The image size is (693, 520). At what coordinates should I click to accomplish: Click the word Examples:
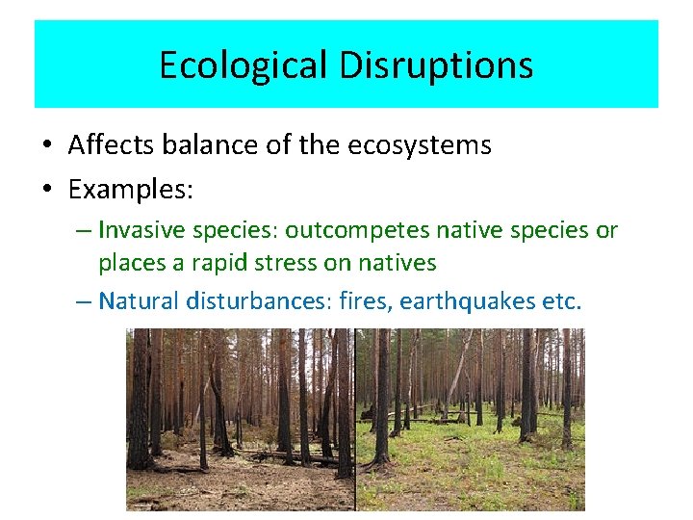pos(131,190)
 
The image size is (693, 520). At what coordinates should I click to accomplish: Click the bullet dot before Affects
pos(47,146)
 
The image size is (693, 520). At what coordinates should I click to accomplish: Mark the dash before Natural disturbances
pos(84,301)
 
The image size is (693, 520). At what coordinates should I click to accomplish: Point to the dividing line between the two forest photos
pos(355,419)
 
